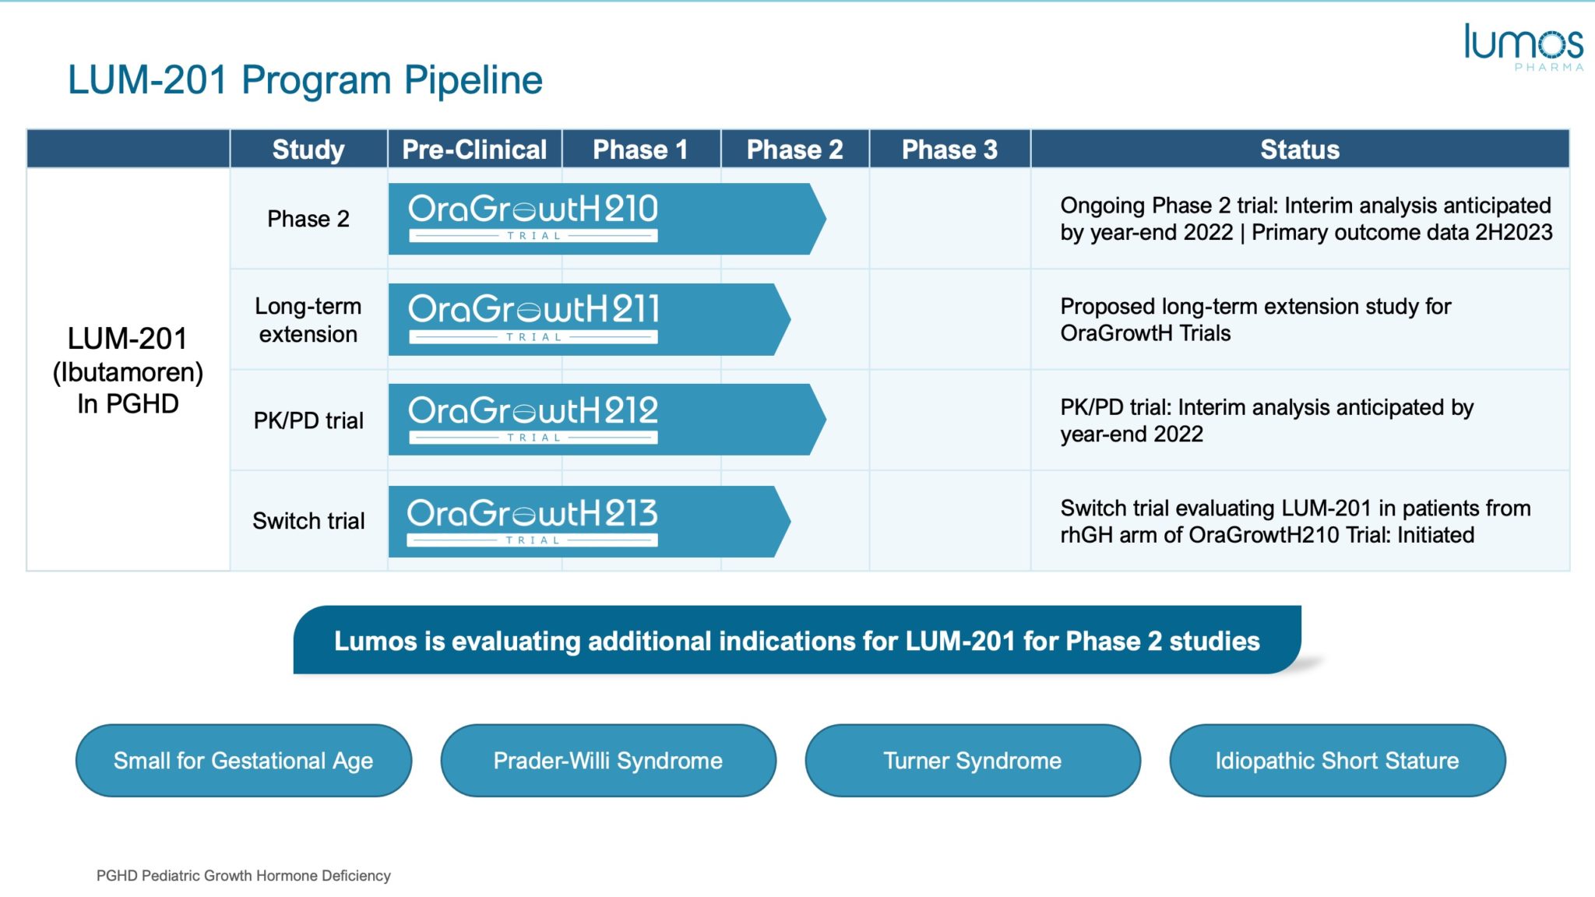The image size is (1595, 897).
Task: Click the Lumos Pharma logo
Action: point(1523,47)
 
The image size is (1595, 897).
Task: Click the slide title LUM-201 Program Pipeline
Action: point(305,80)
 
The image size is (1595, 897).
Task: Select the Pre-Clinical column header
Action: point(474,149)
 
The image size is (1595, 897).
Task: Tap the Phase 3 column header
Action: point(949,149)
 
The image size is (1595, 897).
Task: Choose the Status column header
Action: point(1299,149)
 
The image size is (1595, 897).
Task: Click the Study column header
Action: point(308,149)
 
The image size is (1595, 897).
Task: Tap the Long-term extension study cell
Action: point(308,320)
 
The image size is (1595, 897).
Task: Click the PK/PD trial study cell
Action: point(308,420)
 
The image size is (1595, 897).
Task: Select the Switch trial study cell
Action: point(308,521)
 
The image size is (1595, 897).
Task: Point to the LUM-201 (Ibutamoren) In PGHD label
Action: point(128,371)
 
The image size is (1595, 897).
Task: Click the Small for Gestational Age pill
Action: point(243,760)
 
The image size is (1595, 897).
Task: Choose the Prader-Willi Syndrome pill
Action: point(607,760)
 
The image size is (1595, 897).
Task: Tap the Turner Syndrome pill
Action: point(972,760)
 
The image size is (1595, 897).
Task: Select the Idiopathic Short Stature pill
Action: point(1336,760)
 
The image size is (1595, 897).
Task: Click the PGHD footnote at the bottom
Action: point(243,875)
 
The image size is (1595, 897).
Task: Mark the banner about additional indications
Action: point(797,640)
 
